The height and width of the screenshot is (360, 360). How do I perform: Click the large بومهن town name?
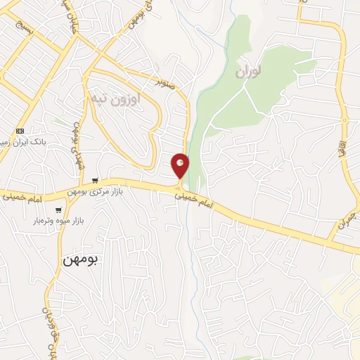coord(82,259)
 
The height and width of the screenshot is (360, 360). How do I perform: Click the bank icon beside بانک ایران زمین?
coord(20,131)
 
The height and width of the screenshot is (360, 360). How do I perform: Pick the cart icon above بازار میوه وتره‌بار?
coord(58,210)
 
